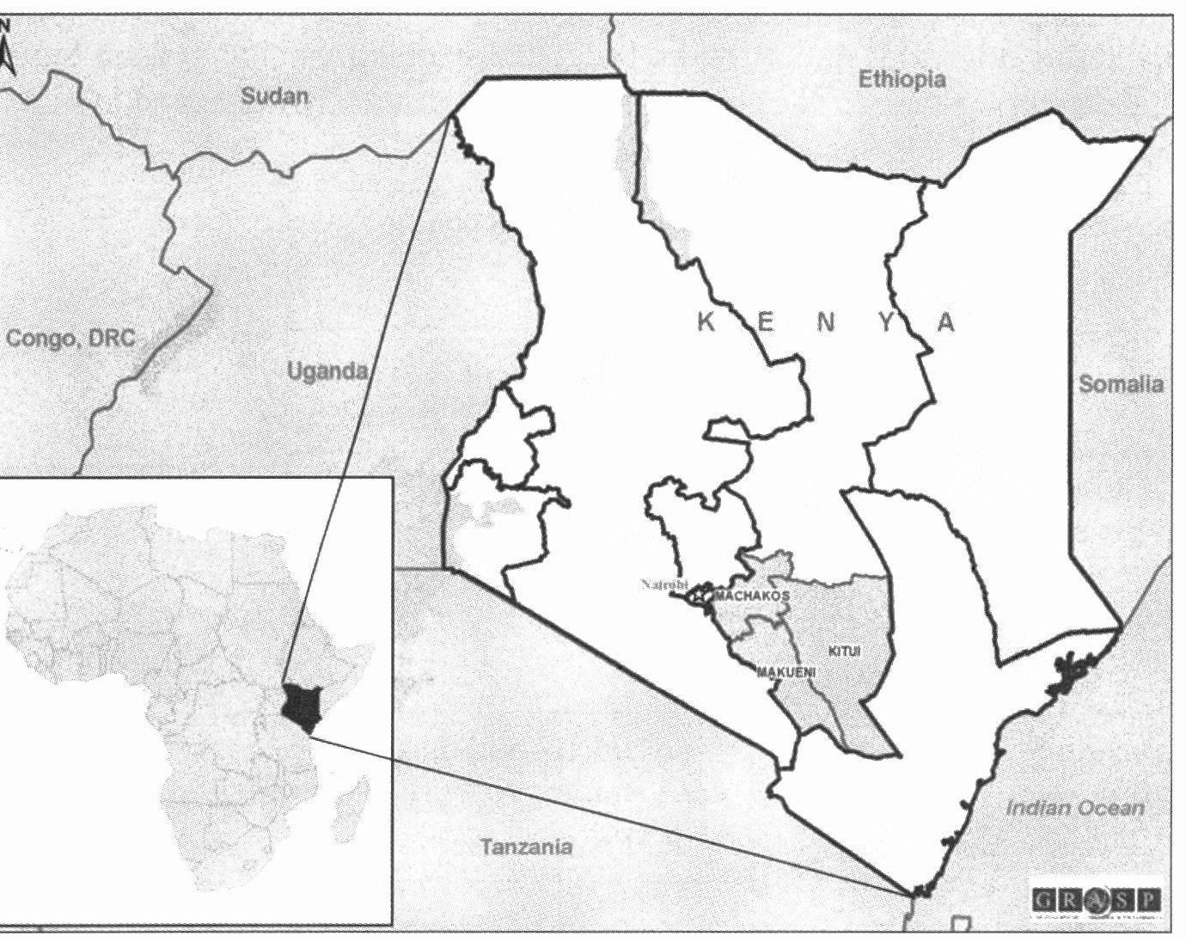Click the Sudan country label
(273, 95)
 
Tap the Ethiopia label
(902, 80)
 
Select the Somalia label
(1121, 384)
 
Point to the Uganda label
(327, 371)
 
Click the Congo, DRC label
(70, 338)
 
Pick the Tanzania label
(526, 847)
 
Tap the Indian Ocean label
(1074, 808)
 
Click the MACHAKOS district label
(752, 595)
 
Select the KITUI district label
(844, 651)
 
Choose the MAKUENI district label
(786, 672)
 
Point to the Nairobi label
(664, 584)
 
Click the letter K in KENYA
(706, 322)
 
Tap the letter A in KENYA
(945, 322)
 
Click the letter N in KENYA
(826, 322)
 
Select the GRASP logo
(1097, 900)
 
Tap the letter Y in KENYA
(886, 322)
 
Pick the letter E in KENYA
(766, 322)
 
